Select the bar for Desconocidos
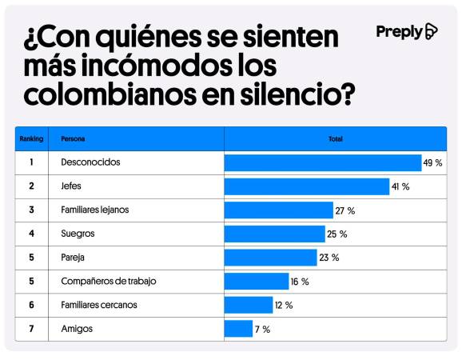point(322,163)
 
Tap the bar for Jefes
point(306,186)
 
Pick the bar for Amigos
point(238,329)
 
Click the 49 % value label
point(433,163)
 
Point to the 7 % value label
point(262,329)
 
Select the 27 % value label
point(345,210)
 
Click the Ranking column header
point(31,138)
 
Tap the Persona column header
point(72,138)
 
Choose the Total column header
point(335,138)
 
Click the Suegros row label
point(78,234)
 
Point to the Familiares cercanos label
point(99,305)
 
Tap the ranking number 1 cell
point(31,162)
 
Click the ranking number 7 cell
point(31,329)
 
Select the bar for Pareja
point(270,258)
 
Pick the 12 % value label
point(284,305)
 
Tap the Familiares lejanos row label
point(95,210)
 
